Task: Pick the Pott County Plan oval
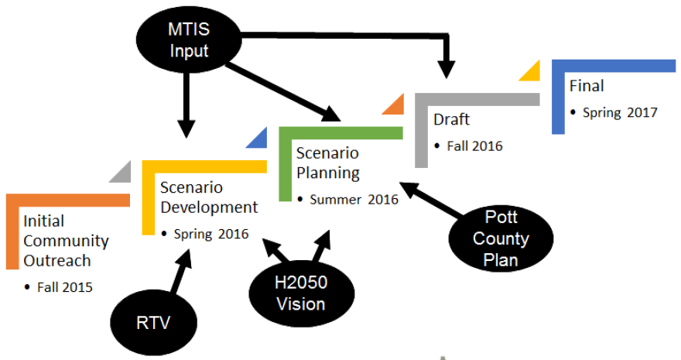[501, 238]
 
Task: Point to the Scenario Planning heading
[328, 163]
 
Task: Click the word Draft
[451, 120]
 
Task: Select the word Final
[586, 86]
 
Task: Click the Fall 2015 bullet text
[66, 287]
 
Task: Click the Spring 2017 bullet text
[618, 112]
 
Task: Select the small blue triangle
[258, 139]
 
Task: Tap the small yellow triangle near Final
[531, 71]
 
